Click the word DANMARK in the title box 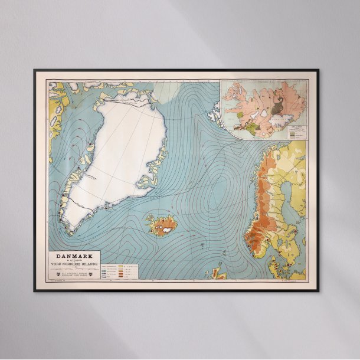(x=75, y=256)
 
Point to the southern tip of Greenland (x=68, y=231)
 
